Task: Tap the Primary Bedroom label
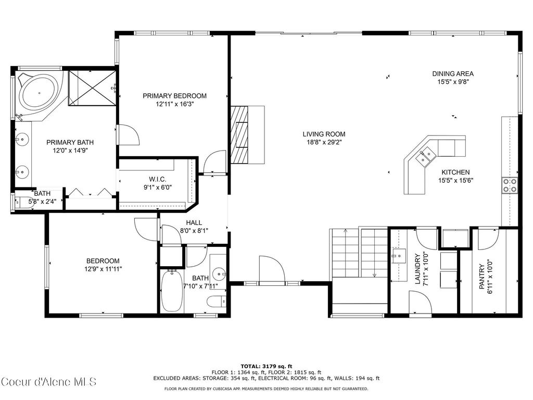click(174, 96)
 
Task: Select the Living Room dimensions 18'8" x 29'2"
click(324, 142)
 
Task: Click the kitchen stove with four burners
click(509, 185)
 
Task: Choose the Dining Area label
click(453, 74)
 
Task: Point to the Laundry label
click(417, 269)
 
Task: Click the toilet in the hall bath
click(215, 301)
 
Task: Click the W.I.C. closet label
click(157, 180)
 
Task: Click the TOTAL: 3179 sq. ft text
click(266, 366)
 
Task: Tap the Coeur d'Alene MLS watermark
click(48, 382)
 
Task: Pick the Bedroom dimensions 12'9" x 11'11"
click(103, 269)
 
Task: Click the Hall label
click(194, 222)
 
